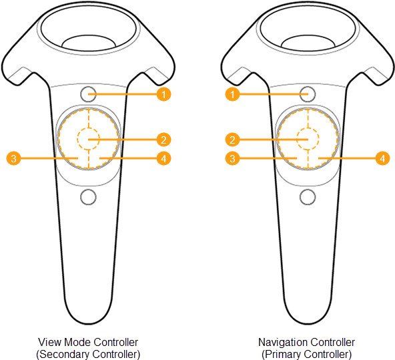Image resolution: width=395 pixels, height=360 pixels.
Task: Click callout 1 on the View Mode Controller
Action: [x=163, y=94]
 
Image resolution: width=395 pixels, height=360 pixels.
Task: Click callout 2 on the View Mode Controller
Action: [x=163, y=140]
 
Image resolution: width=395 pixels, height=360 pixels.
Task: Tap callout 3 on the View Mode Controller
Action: [x=13, y=158]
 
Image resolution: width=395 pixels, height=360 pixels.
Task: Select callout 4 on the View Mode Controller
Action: [x=163, y=158]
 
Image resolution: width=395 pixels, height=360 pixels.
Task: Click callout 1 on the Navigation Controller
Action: [x=232, y=94]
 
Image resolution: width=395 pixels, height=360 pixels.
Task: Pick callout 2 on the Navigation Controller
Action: [x=232, y=140]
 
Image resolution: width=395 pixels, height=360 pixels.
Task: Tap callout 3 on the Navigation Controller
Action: [x=232, y=158]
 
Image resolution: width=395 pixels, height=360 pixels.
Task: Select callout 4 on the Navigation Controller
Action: [x=383, y=158]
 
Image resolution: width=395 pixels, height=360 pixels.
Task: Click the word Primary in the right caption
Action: [x=281, y=354]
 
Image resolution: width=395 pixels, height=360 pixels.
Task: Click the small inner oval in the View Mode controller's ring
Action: [x=89, y=35]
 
